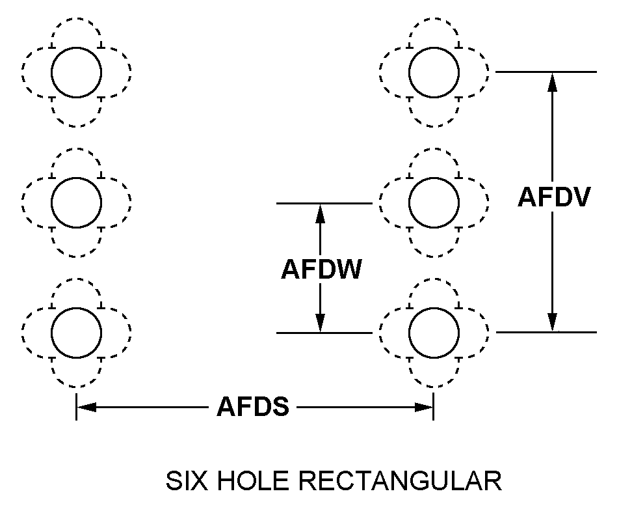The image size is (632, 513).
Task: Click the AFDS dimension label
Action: click(x=253, y=408)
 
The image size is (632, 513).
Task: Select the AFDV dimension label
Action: click(x=554, y=198)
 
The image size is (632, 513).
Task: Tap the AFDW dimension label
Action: click(x=321, y=270)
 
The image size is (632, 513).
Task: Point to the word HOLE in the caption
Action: click(x=254, y=482)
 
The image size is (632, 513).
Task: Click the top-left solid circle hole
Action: click(x=77, y=71)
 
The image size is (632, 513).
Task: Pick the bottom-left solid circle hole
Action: click(x=77, y=331)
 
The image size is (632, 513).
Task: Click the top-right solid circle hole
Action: click(x=434, y=71)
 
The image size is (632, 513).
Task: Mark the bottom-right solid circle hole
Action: click(x=434, y=331)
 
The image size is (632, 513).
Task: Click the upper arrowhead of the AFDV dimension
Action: click(x=552, y=81)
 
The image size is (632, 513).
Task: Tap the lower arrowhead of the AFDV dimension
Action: click(x=552, y=323)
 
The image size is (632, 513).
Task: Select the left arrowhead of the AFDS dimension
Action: click(x=86, y=408)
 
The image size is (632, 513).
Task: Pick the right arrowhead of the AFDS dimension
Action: click(x=424, y=408)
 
